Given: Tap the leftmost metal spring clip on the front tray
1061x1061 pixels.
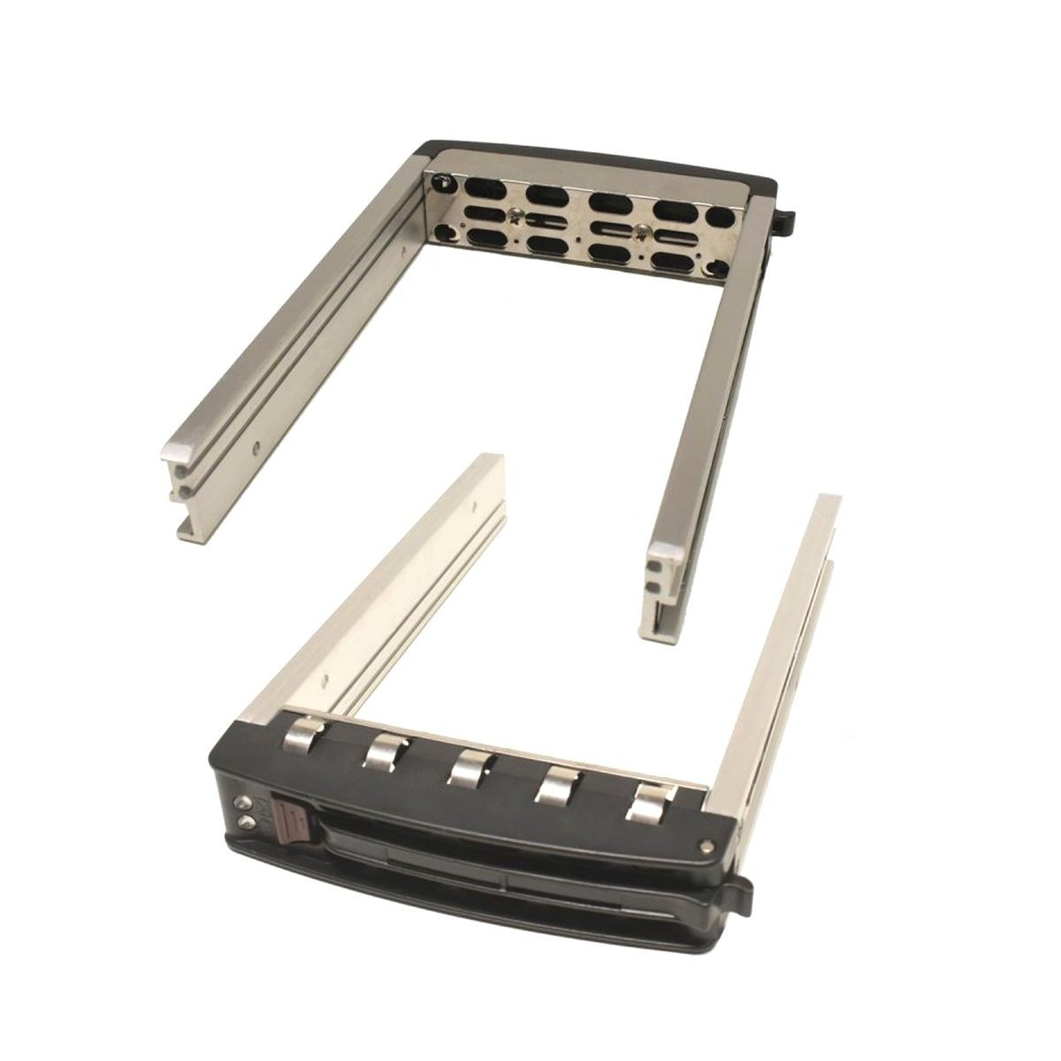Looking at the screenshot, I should click(x=301, y=738).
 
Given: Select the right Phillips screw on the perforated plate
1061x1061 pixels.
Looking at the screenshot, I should click(x=641, y=230).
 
